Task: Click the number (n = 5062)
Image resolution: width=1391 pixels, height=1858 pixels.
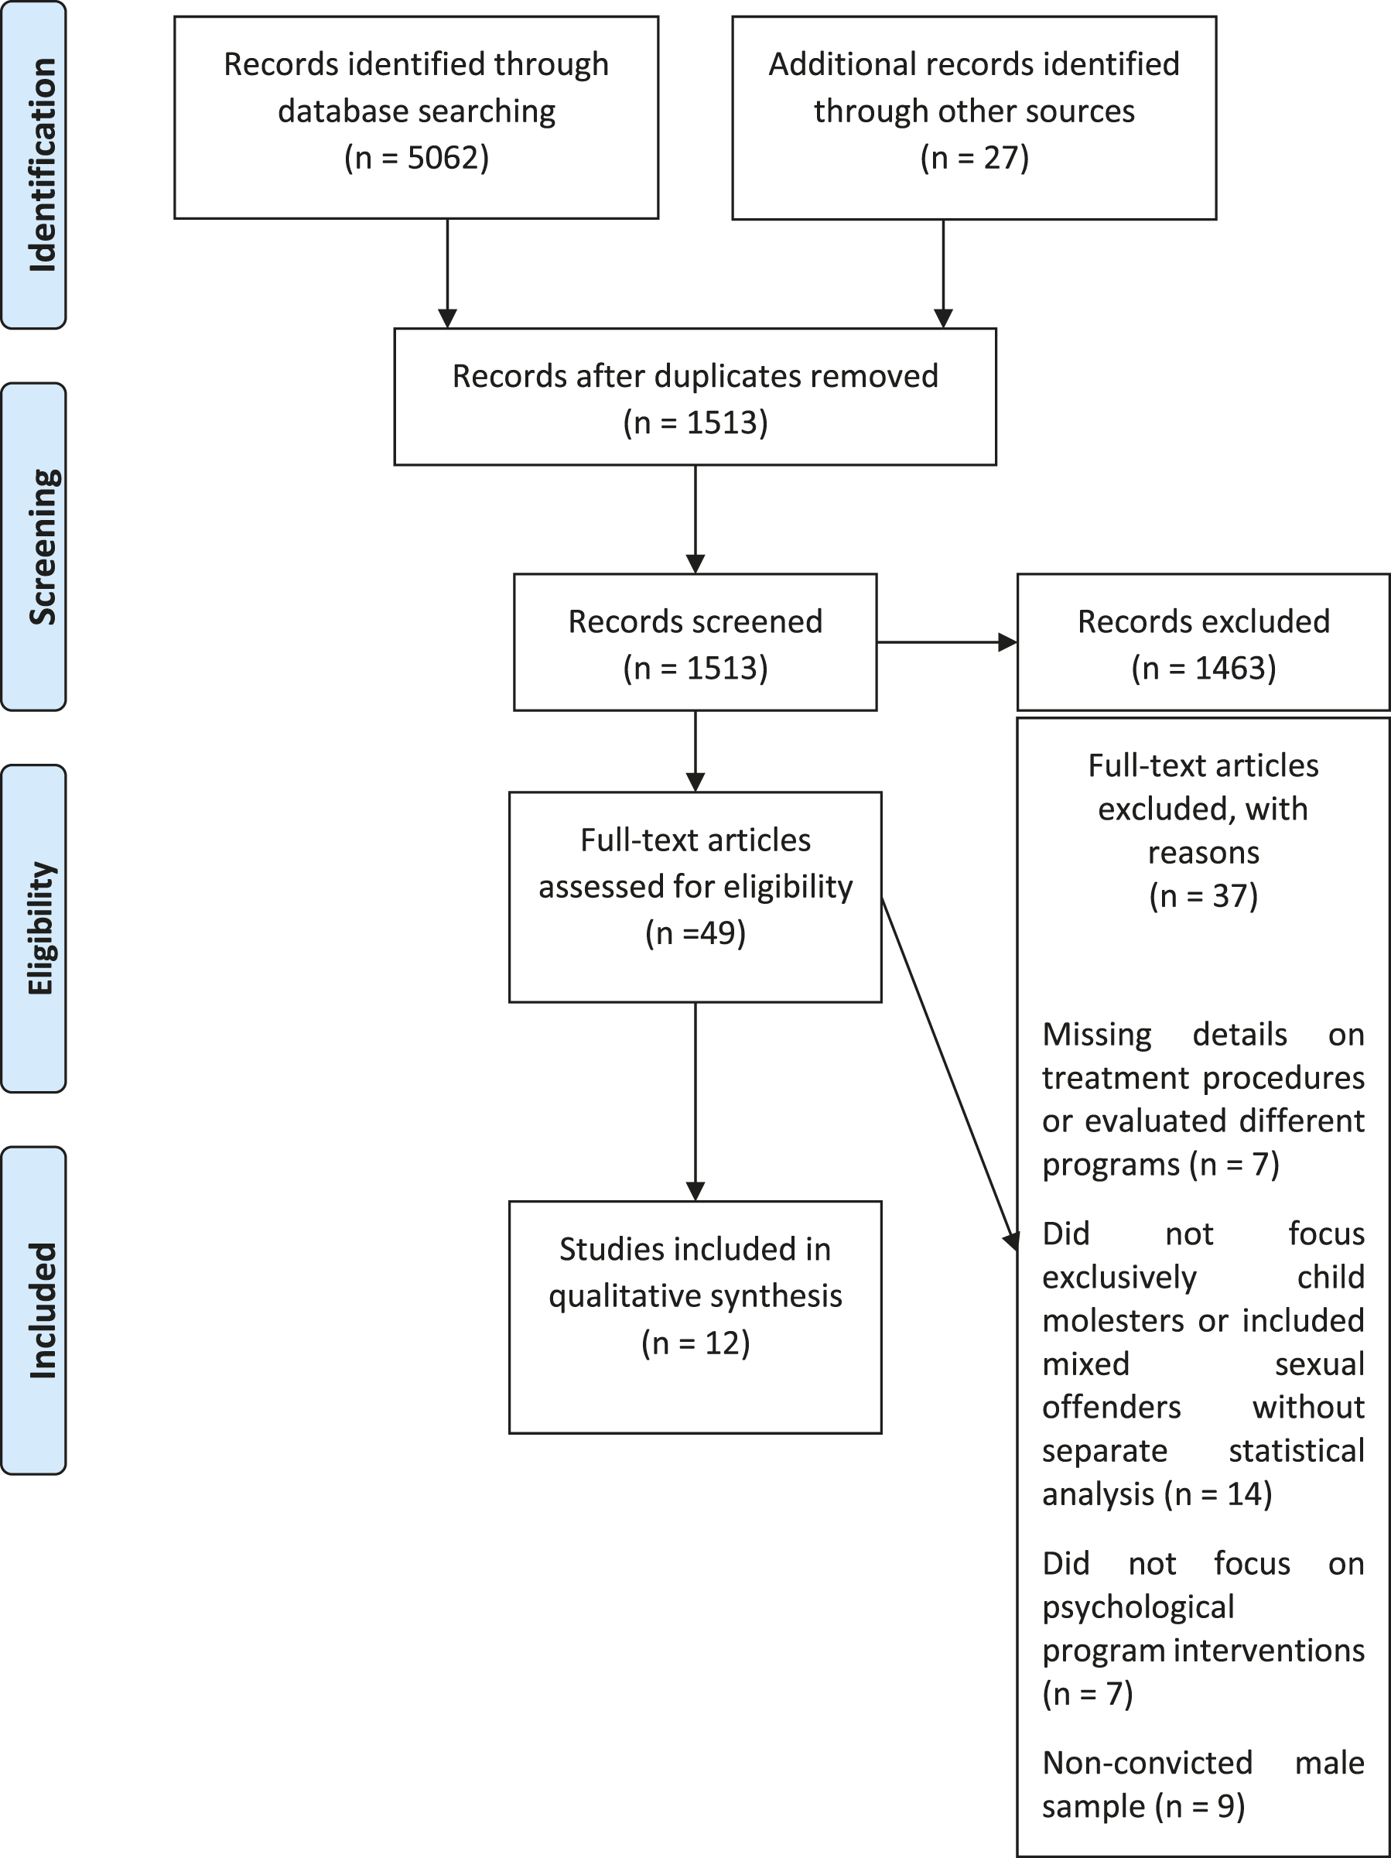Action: point(417,158)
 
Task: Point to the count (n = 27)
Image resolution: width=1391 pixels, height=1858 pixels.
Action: point(974,158)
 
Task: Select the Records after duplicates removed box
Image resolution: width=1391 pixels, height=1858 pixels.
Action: point(695,396)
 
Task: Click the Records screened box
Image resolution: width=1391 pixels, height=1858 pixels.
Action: point(695,642)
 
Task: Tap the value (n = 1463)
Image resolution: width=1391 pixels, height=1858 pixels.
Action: point(1204,668)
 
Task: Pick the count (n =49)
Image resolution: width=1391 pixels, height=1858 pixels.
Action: point(695,933)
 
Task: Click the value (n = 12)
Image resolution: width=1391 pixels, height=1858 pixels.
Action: point(695,1343)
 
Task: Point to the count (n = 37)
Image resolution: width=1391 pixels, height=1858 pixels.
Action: point(1204,896)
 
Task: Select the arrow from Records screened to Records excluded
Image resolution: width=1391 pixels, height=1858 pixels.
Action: point(948,642)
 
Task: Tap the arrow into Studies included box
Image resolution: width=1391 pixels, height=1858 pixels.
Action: point(695,1101)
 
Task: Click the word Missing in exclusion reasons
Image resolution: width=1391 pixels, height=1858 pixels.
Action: point(1097,1034)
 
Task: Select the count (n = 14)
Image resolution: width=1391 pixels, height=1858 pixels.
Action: point(1218,1518)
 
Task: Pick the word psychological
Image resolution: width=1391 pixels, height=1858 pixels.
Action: point(1138,1607)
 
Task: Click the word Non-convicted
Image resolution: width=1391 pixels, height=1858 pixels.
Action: point(1147,1762)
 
